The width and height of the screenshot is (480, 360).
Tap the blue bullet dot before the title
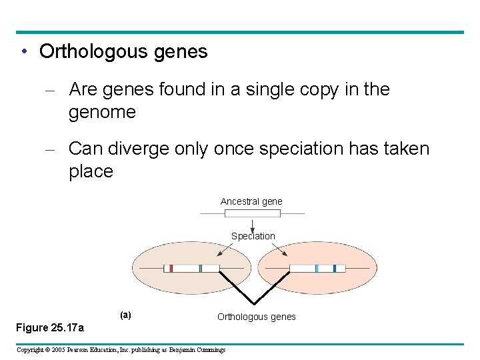pyautogui.click(x=23, y=52)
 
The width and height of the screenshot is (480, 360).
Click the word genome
pyautogui.click(x=102, y=112)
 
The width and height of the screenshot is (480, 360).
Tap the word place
pyautogui.click(x=91, y=171)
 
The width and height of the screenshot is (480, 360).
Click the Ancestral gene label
pyautogui.click(x=251, y=201)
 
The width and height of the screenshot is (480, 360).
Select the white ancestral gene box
pyautogui.click(x=252, y=213)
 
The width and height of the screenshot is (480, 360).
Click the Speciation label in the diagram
pyautogui.click(x=253, y=236)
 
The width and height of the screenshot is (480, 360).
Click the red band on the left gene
pyautogui.click(x=171, y=268)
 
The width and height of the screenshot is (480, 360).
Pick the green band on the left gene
pyautogui.click(x=200, y=268)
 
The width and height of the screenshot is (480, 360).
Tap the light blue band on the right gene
pyautogui.click(x=317, y=268)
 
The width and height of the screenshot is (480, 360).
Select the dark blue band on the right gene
pyautogui.click(x=334, y=268)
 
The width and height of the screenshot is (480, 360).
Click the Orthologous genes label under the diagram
pyautogui.click(x=257, y=317)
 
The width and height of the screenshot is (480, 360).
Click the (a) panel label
pyautogui.click(x=125, y=315)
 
